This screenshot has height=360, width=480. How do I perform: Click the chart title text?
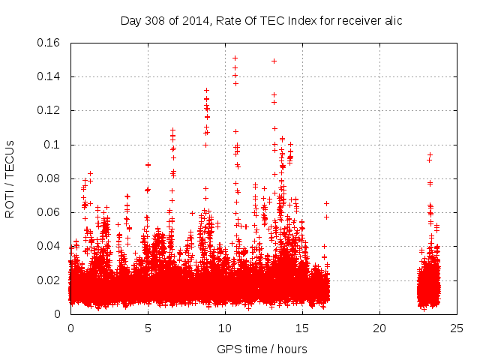coord(261,20)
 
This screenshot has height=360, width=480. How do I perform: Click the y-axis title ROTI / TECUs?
coord(10,178)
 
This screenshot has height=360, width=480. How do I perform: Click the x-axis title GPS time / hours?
coord(262,349)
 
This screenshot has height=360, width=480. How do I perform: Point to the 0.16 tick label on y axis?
coord(49,43)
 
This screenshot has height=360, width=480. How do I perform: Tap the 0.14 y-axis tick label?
coord(49,76)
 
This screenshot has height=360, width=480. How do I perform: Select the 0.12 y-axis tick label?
coord(49,110)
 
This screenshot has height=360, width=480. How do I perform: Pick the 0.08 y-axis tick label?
coord(49,178)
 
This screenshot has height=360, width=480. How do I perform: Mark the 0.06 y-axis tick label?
coord(49,212)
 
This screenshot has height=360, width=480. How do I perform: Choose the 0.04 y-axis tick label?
coord(49,246)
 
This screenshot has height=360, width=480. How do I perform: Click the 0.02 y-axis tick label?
coord(49,280)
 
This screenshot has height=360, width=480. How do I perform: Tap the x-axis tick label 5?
coord(148,328)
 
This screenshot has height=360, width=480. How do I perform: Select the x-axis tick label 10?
coord(225,328)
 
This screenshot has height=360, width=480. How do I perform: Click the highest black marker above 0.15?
coord(235,58)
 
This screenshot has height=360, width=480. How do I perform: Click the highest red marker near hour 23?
coord(430,155)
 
